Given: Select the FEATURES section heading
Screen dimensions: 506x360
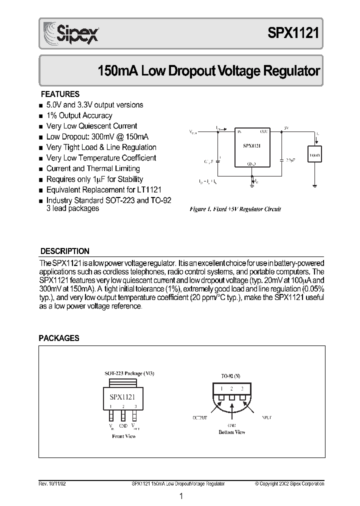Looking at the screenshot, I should [60, 94].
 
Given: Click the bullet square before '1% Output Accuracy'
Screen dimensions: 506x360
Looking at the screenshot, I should [41, 116].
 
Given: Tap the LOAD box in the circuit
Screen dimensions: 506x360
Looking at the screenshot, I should [314, 154].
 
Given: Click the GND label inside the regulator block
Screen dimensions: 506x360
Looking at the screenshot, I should [251, 163].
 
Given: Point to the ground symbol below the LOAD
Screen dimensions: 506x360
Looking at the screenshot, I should [314, 186].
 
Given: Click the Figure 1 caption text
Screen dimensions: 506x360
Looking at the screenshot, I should [234, 209].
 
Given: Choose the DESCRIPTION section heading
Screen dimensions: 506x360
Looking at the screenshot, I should [64, 251].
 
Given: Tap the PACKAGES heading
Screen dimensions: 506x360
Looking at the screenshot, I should [59, 338].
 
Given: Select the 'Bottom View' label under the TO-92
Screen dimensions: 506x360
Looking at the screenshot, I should [232, 432].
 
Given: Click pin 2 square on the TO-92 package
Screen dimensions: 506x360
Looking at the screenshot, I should [232, 396].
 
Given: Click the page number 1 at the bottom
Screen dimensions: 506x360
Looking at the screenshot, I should [181, 496].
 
